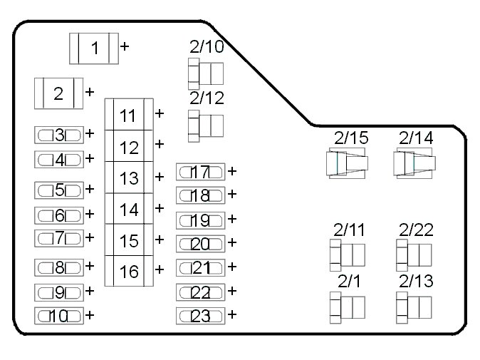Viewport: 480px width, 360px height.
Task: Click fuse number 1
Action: (94, 48)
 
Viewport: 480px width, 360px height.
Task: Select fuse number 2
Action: (58, 93)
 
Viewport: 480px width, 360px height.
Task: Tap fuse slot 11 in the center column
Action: (129, 115)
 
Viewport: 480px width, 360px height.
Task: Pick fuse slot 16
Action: (129, 271)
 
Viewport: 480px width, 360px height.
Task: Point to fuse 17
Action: (200, 172)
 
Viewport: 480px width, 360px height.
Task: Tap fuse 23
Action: (200, 316)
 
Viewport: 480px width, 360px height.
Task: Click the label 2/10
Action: (206, 47)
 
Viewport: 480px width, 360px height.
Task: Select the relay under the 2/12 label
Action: (205, 125)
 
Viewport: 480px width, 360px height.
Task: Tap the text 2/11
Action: (349, 230)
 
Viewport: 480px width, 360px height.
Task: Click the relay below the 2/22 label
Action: (414, 254)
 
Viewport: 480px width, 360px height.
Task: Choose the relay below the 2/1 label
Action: (348, 307)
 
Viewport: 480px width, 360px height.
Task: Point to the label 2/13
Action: (415, 282)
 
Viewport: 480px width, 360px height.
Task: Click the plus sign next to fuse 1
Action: (125, 46)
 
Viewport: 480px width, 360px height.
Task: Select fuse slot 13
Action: (129, 178)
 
